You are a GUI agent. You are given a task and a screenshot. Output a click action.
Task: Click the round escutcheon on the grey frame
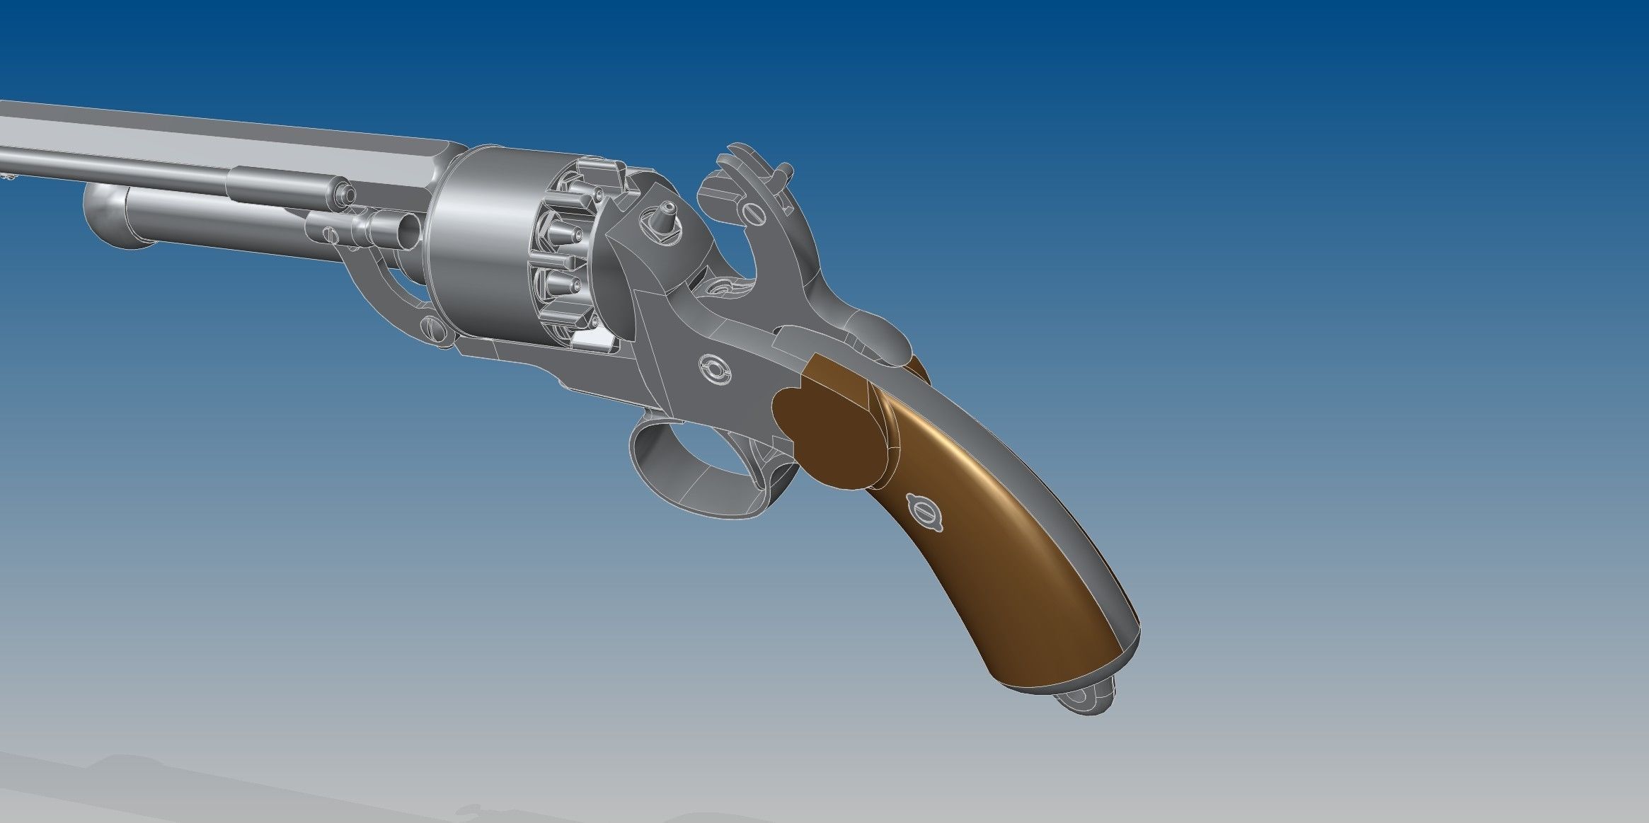click(713, 368)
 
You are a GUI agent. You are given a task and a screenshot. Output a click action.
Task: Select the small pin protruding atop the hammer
click(785, 172)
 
